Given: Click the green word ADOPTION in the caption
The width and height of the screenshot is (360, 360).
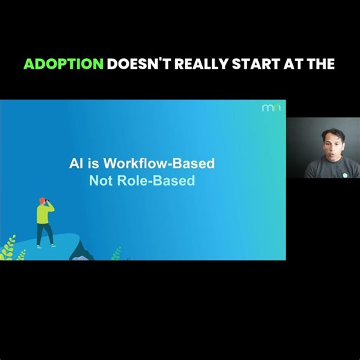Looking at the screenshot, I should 64,64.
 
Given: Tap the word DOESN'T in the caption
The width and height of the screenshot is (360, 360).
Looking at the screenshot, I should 141,64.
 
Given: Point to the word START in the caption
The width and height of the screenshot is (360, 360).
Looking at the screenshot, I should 263,64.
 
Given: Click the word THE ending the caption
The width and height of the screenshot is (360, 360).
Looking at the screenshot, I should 322,64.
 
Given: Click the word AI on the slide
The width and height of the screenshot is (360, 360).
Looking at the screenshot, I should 76,164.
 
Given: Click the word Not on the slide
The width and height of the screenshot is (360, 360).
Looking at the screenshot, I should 100,181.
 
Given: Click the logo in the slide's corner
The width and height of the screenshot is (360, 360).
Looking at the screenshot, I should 271,108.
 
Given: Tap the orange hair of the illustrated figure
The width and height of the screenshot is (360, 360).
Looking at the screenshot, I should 42,199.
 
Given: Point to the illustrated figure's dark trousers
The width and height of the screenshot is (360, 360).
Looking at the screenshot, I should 46,234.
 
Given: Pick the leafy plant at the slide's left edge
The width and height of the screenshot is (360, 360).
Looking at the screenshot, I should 8,247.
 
